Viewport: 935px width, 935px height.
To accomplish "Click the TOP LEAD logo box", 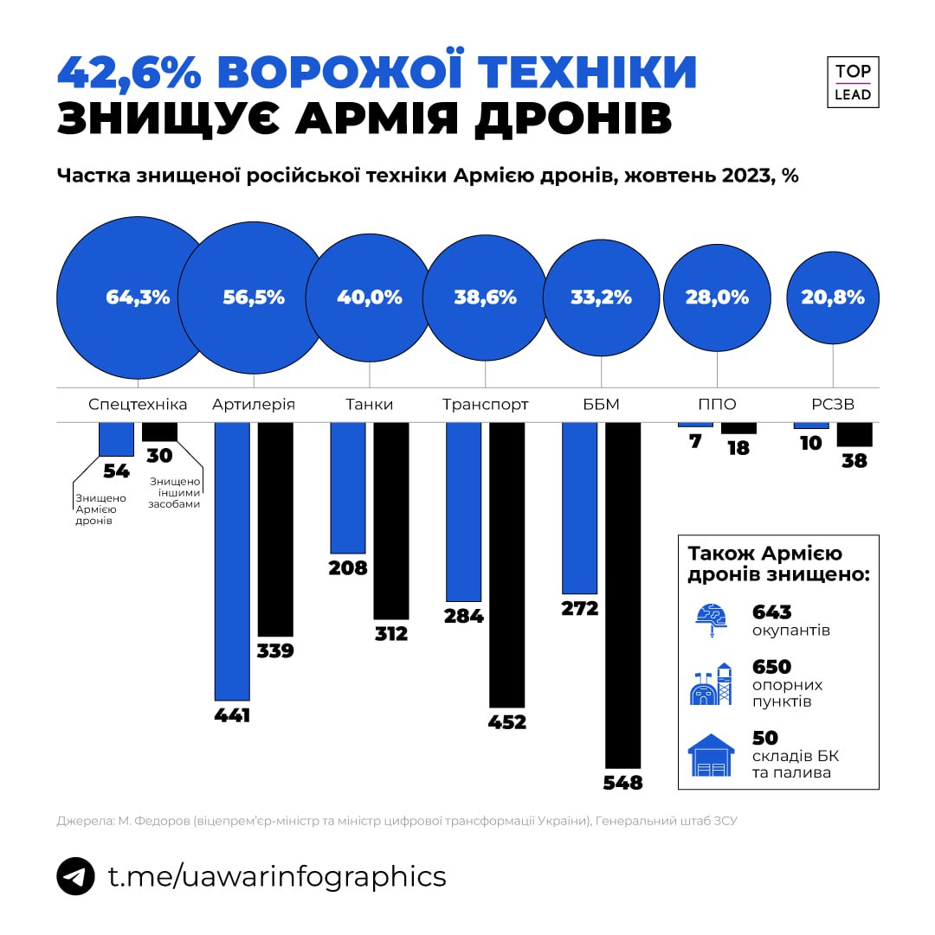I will click(853, 83).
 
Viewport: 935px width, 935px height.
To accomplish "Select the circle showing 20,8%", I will click(833, 298).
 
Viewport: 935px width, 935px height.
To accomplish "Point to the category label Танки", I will click(369, 404).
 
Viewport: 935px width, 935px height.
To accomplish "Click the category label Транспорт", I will click(485, 404).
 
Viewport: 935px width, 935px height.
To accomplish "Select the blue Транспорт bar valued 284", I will click(463, 511).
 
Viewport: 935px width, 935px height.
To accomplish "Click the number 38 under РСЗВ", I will click(854, 461).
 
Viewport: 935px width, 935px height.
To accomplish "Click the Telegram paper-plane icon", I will click(75, 875).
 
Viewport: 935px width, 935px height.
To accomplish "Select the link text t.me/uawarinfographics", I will click(277, 875).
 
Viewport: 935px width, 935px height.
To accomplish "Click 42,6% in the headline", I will click(130, 73).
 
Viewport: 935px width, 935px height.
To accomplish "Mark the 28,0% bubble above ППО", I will click(717, 298).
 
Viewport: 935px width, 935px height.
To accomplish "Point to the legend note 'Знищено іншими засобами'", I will click(175, 492).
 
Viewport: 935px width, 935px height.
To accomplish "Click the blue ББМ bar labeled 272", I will click(580, 508).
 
